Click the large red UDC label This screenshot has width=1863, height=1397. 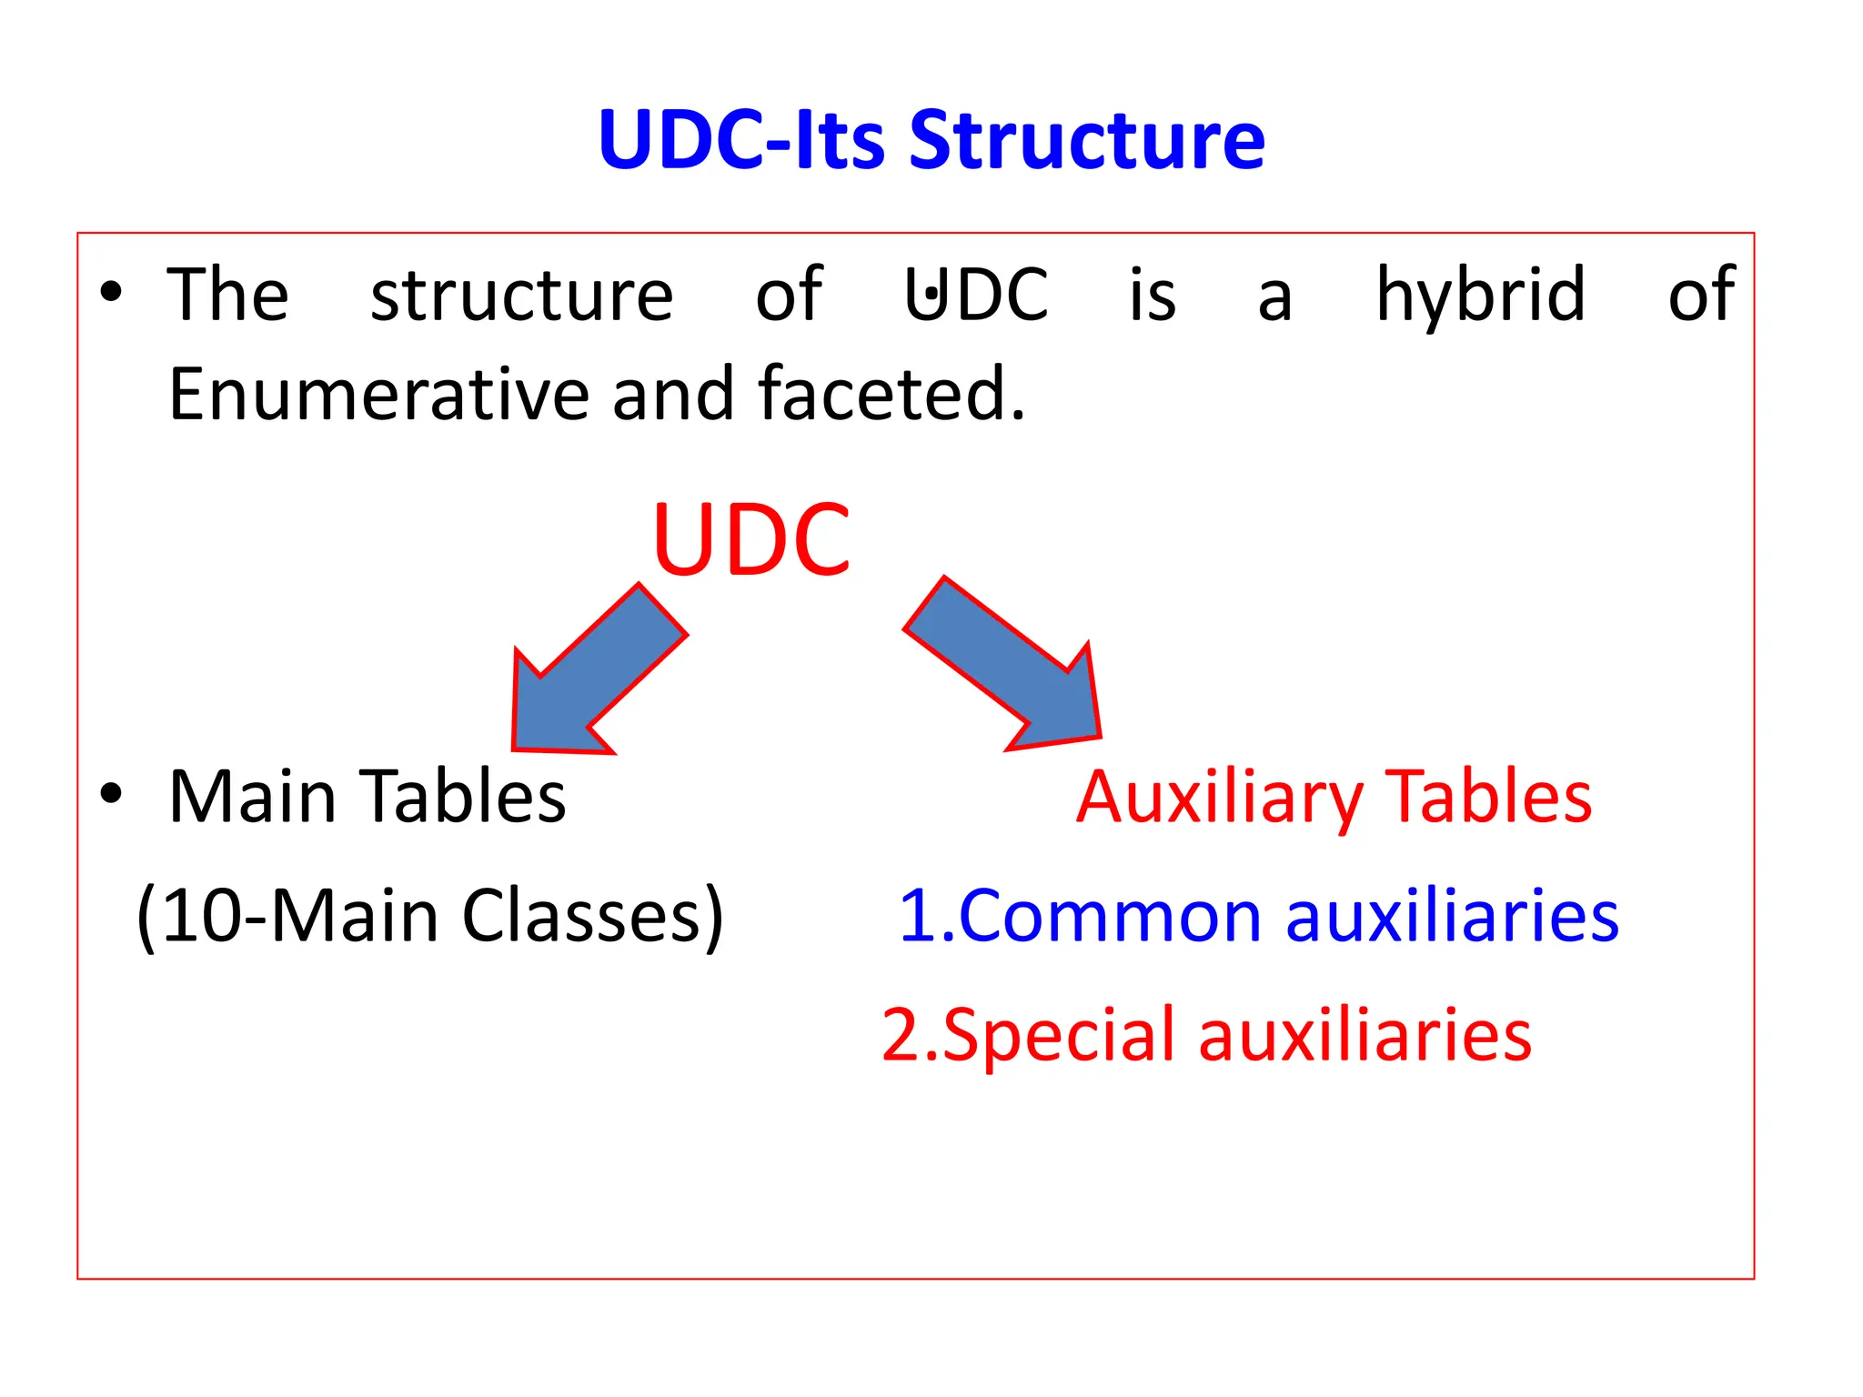[752, 540]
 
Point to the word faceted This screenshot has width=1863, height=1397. [891, 394]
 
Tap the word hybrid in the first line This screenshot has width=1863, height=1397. [1481, 295]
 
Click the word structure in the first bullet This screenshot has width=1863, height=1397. [521, 295]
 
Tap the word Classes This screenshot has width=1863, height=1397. [592, 916]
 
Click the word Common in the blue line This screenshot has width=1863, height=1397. [1110, 916]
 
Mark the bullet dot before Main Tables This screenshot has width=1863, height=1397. [111, 793]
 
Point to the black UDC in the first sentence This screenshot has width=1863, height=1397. [977, 295]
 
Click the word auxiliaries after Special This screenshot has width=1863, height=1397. [1365, 1035]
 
